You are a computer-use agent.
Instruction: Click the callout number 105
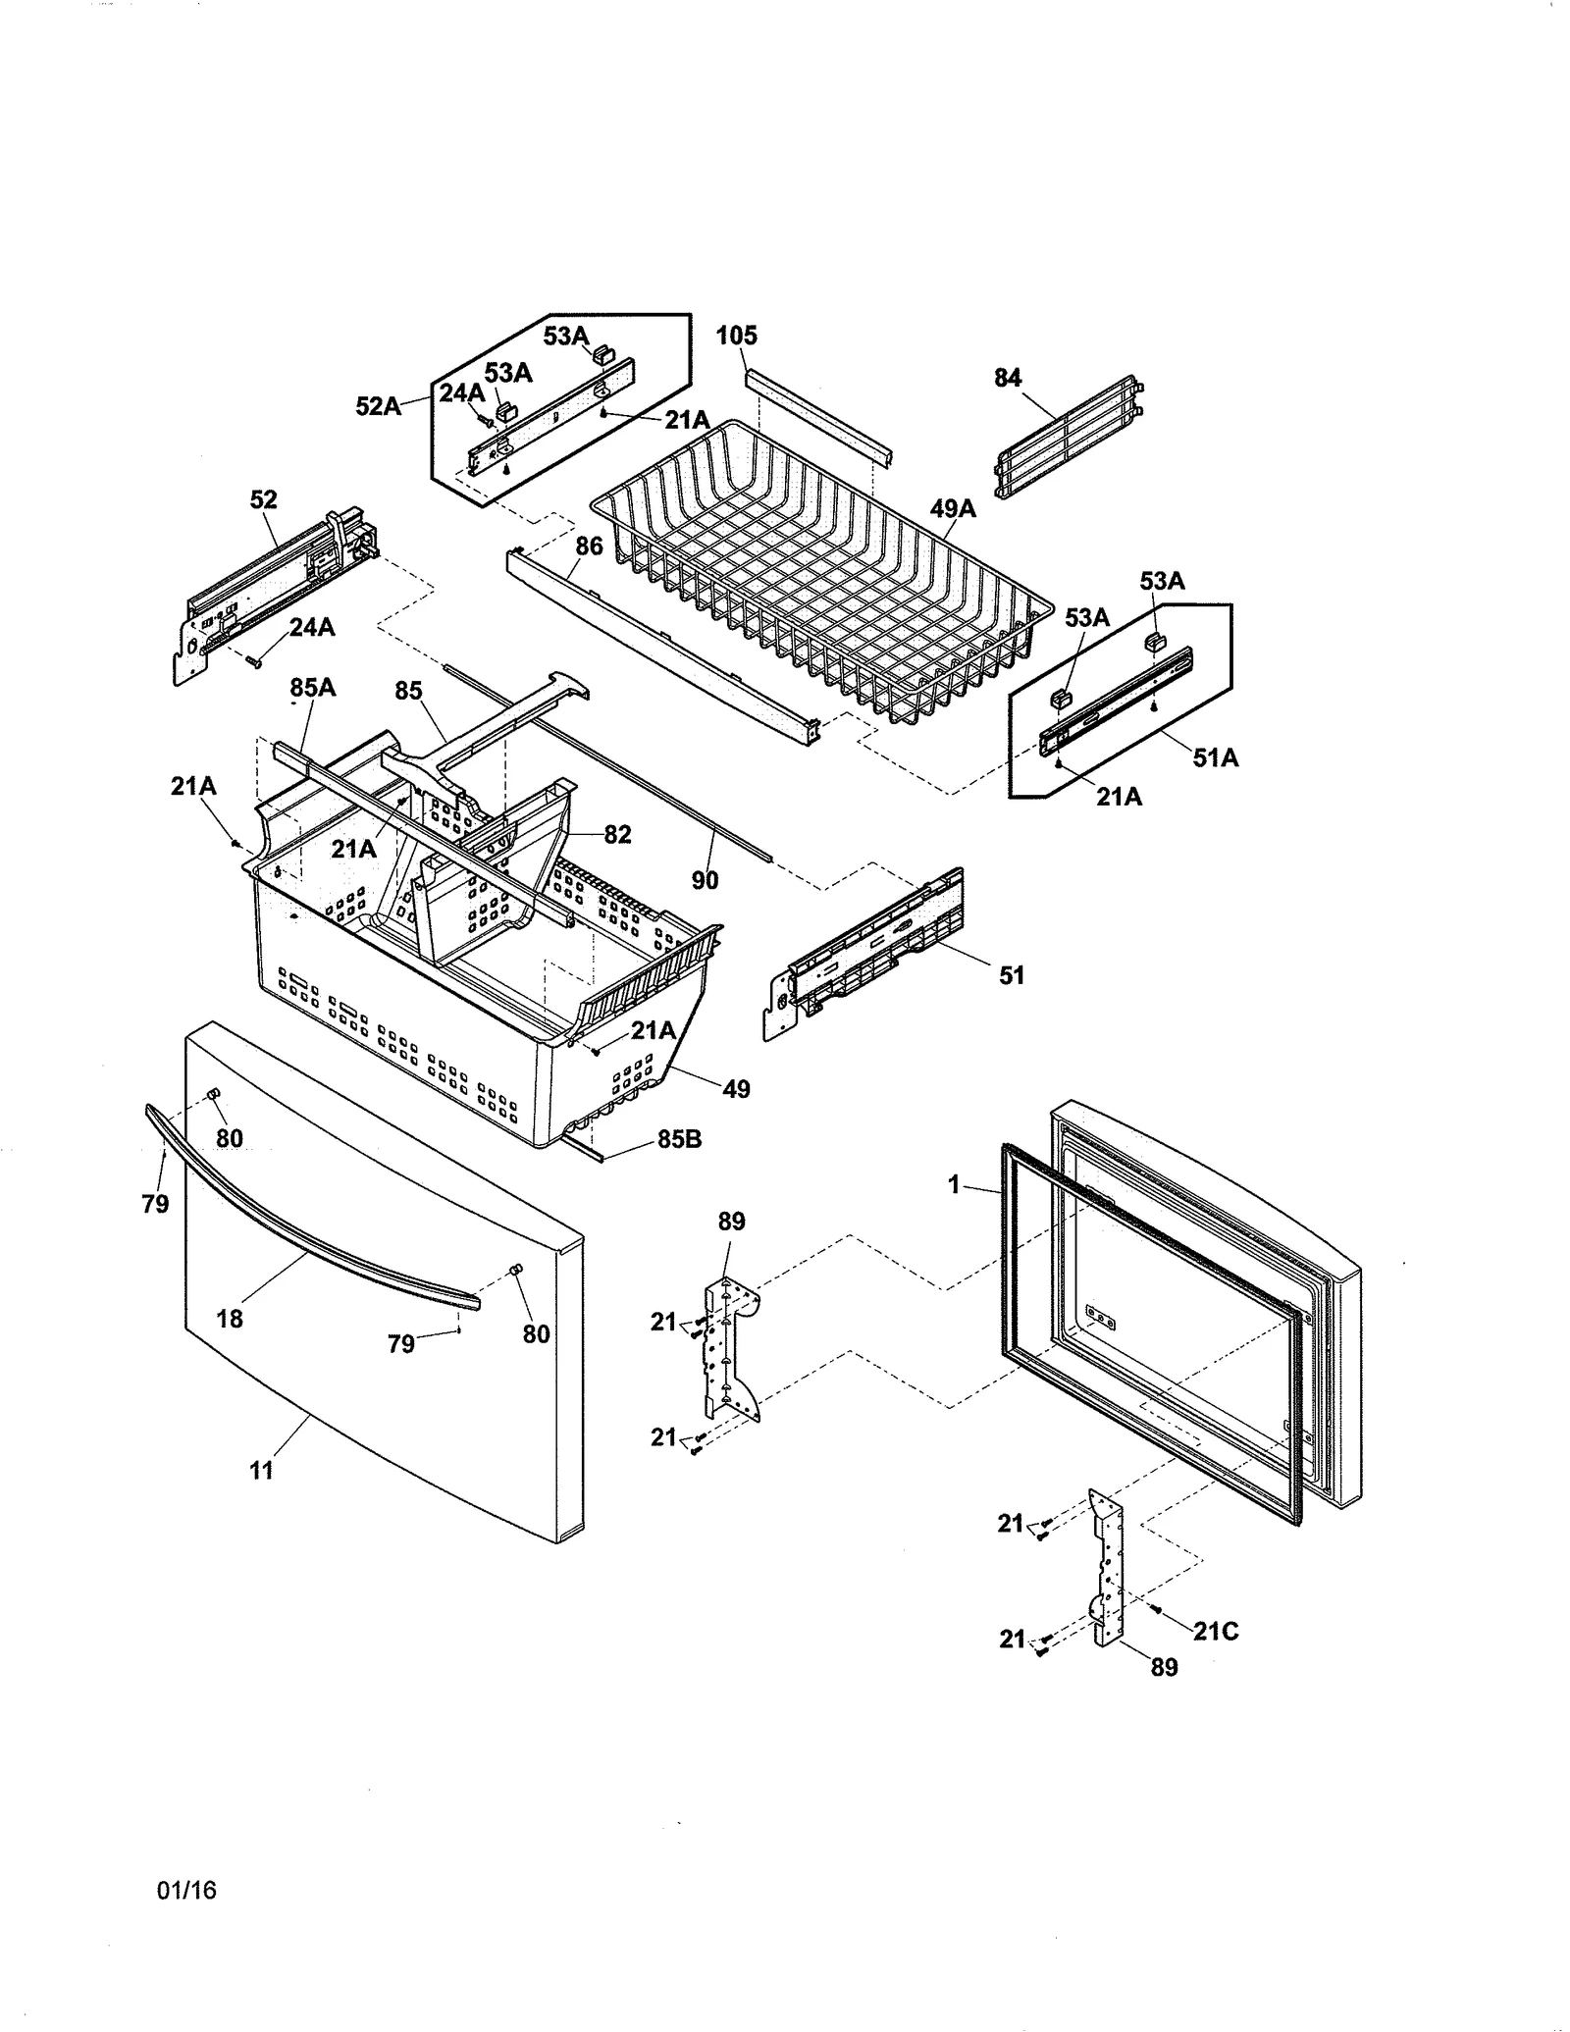click(736, 336)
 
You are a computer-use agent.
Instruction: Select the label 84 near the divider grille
click(1008, 378)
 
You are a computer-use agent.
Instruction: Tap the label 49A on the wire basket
click(953, 508)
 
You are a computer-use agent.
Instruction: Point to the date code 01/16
click(186, 1890)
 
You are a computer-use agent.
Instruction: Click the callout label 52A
click(378, 405)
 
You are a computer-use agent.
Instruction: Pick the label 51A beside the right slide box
click(1216, 757)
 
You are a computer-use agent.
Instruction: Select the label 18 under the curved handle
click(230, 1319)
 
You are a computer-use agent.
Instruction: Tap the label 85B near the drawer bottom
click(679, 1140)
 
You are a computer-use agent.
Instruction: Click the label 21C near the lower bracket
click(1216, 1631)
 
